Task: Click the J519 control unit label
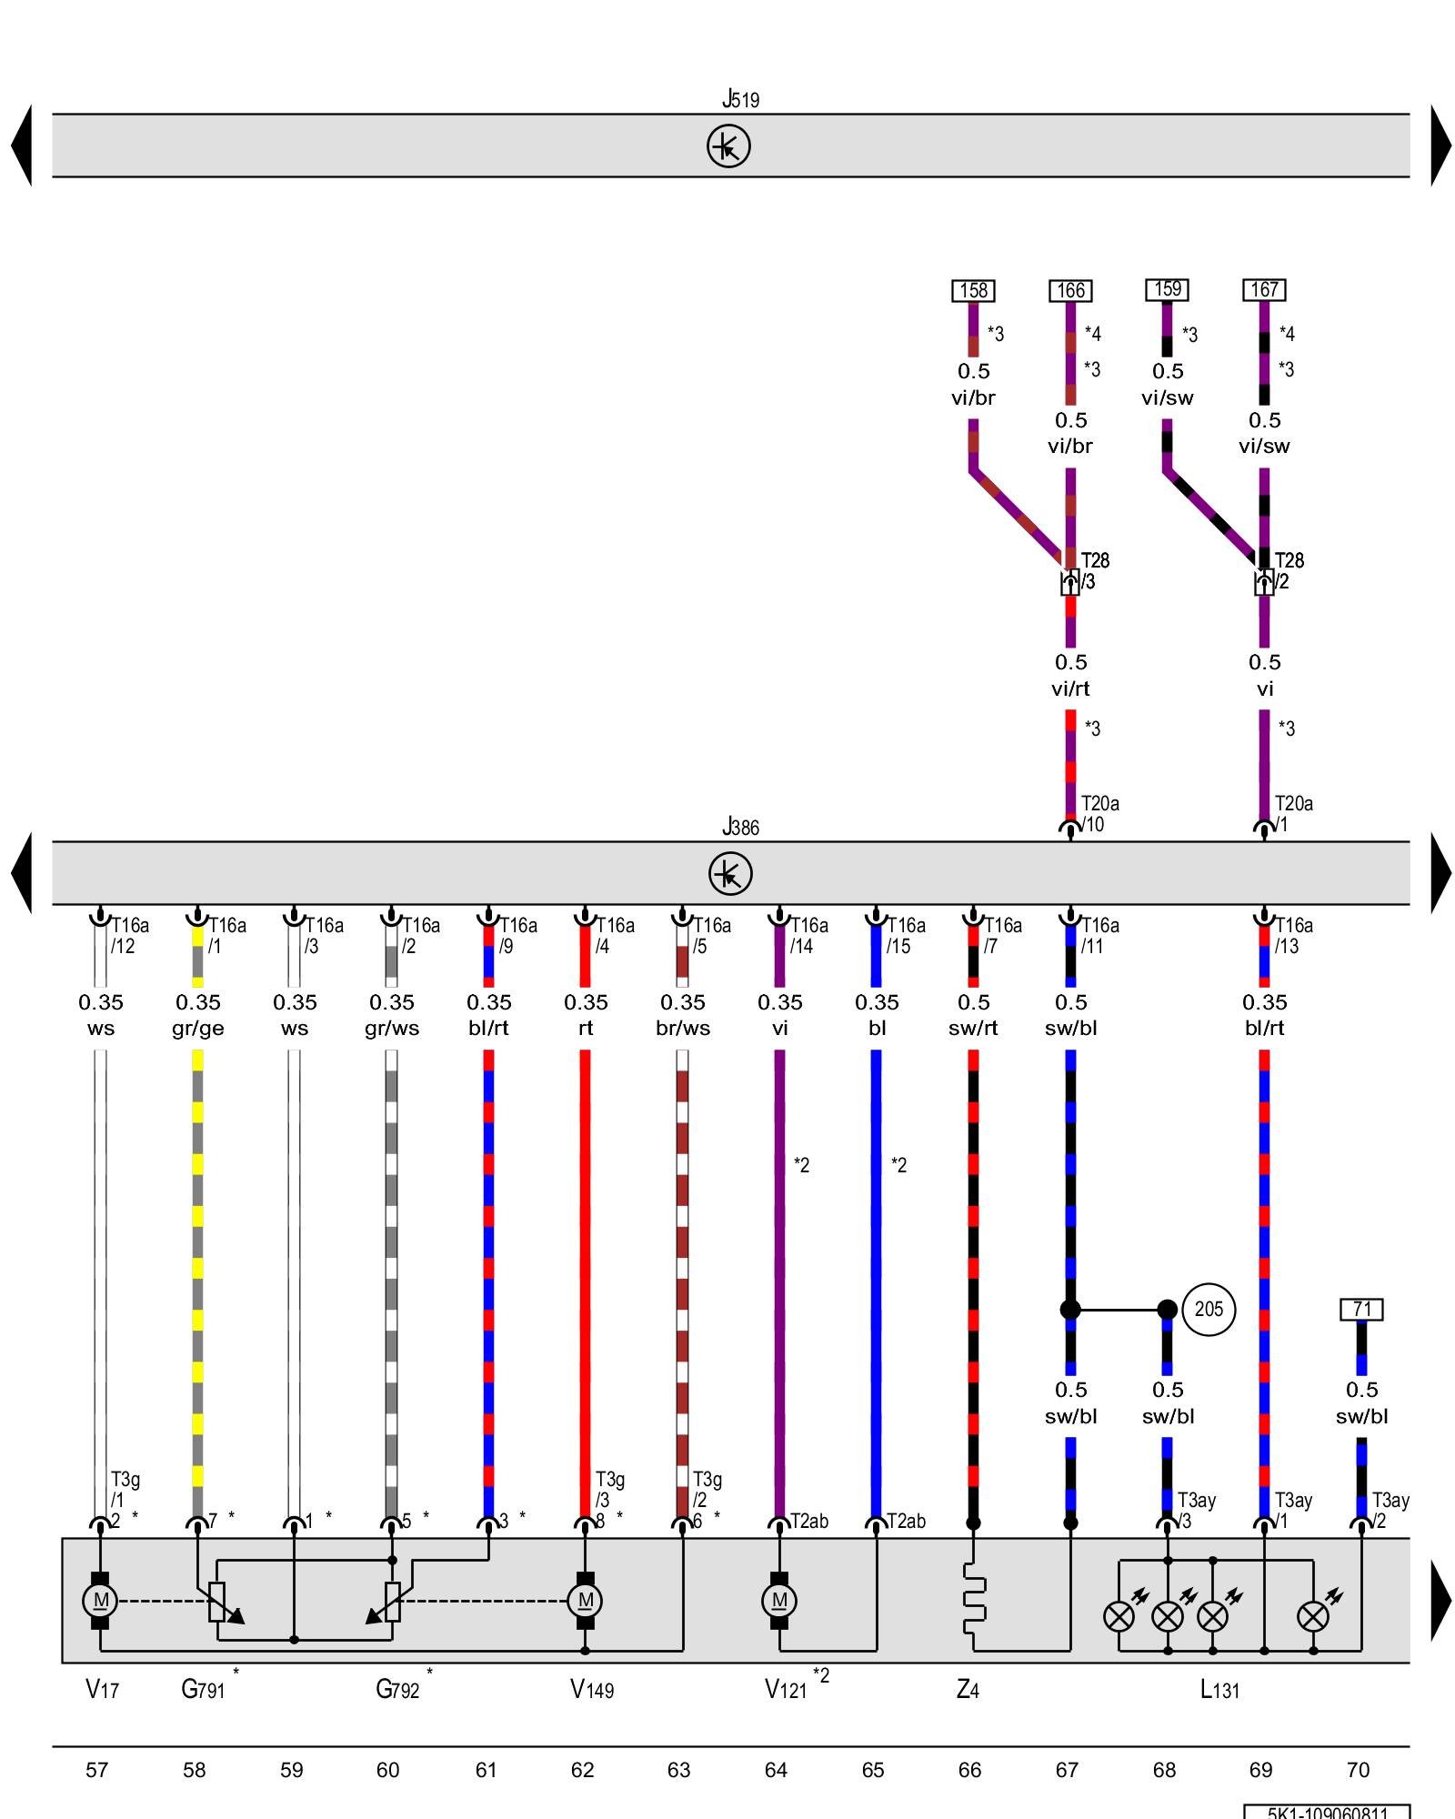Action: pyautogui.click(x=740, y=99)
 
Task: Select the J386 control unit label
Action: pyautogui.click(x=740, y=827)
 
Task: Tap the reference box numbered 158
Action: pyautogui.click(x=973, y=290)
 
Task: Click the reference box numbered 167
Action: pyautogui.click(x=1264, y=289)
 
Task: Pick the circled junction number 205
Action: pyautogui.click(x=1208, y=1309)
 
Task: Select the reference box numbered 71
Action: pyautogui.click(x=1361, y=1309)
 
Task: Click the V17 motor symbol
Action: pyautogui.click(x=100, y=1600)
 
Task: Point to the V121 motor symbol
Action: pyautogui.click(x=779, y=1600)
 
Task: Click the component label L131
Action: pyautogui.click(x=1219, y=1690)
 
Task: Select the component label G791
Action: pyautogui.click(x=203, y=1689)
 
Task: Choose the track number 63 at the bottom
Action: pyautogui.click(x=679, y=1770)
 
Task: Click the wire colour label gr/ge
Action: pyautogui.click(x=197, y=1028)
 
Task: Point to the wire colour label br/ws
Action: pyautogui.click(x=683, y=1028)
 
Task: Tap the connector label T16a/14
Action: pyautogui.click(x=808, y=935)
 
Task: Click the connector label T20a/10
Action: pyautogui.click(x=1099, y=813)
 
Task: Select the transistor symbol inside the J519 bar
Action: pyautogui.click(x=728, y=146)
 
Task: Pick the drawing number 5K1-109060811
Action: pyautogui.click(x=1327, y=1812)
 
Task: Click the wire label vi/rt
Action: pyautogui.click(x=1070, y=688)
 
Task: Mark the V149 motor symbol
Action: pyautogui.click(x=585, y=1600)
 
